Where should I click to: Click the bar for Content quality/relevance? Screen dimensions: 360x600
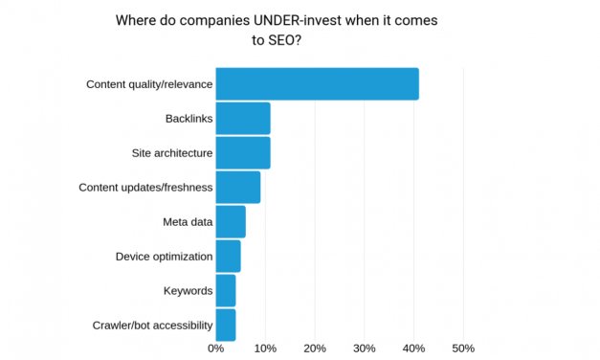(317, 84)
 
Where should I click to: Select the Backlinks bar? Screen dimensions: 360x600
(243, 119)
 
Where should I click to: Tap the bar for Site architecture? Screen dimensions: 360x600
(243, 153)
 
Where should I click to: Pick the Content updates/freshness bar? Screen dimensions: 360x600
(238, 188)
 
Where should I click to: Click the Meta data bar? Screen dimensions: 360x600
(231, 222)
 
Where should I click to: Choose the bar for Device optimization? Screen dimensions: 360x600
(228, 257)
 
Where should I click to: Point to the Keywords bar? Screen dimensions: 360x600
(226, 290)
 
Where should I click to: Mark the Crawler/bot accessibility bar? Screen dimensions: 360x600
(226, 325)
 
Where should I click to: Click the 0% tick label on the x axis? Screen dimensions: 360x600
(216, 348)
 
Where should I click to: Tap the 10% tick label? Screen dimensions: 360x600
(265, 348)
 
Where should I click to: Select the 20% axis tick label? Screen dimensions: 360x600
(315, 348)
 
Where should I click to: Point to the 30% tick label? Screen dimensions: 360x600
(365, 348)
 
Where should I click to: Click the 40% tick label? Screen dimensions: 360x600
(413, 348)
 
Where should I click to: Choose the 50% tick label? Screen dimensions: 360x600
(463, 348)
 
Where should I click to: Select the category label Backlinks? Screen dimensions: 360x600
(188, 119)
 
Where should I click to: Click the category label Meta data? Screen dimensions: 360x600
(188, 222)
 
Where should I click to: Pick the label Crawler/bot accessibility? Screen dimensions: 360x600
(152, 326)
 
